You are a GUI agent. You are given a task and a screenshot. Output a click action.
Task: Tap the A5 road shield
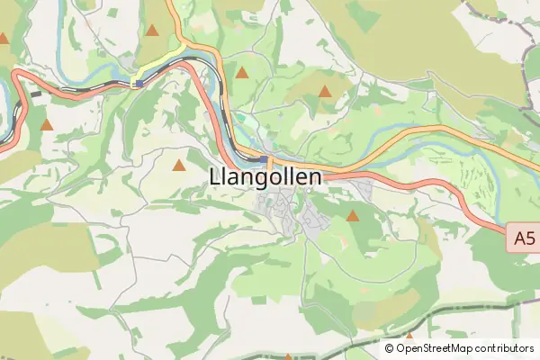click(523, 238)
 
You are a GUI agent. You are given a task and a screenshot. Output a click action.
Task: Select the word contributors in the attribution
click(506, 348)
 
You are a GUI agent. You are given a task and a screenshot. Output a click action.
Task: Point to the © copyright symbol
click(390, 348)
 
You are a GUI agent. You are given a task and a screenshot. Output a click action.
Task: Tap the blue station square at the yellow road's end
click(137, 83)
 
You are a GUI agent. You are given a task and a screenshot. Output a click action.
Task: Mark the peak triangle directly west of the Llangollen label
click(179, 165)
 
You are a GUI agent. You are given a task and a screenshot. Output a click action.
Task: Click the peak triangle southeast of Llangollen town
click(352, 216)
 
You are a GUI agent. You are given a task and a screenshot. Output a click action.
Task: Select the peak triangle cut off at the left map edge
click(4, 39)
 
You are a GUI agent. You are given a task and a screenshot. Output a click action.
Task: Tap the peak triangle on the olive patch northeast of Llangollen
click(325, 91)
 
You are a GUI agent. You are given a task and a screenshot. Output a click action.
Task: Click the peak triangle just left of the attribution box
click(409, 337)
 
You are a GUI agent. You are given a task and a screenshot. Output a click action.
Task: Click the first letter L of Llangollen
click(213, 177)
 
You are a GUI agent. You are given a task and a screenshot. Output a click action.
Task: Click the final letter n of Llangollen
click(314, 177)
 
